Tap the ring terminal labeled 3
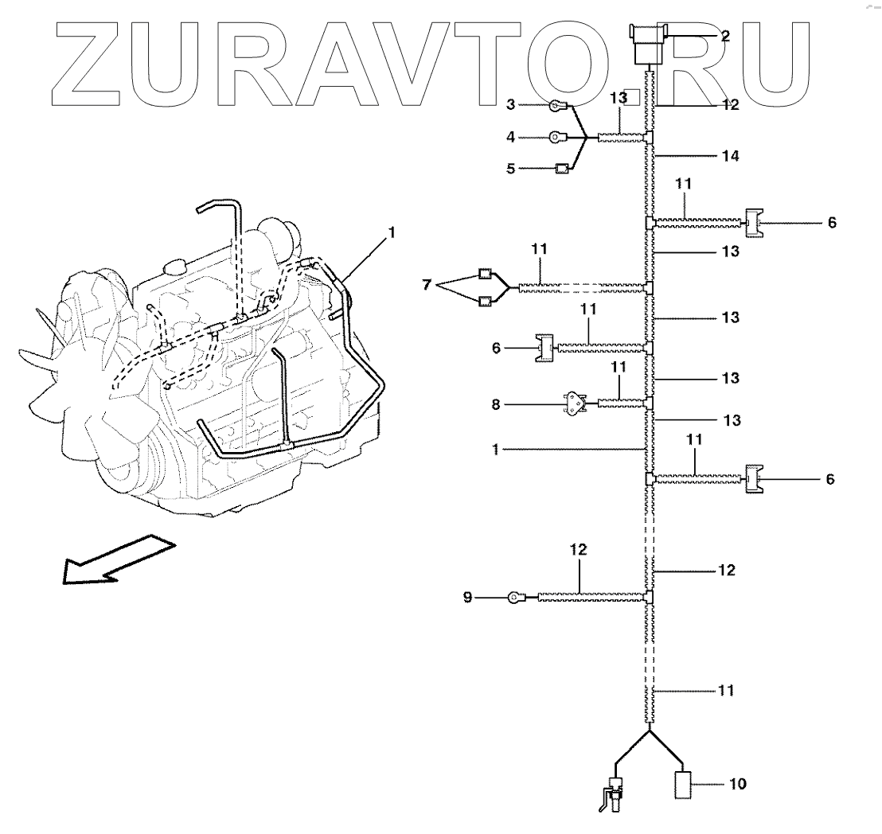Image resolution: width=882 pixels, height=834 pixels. [557, 104]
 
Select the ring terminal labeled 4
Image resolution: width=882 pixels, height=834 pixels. [556, 137]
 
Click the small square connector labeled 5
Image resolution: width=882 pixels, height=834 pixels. [560, 168]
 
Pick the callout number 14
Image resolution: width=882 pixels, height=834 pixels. [731, 156]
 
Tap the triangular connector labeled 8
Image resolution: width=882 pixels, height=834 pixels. [575, 403]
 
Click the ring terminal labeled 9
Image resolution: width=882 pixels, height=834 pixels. [513, 596]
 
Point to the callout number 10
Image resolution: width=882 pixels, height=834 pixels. [738, 784]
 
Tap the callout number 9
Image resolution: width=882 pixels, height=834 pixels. [467, 596]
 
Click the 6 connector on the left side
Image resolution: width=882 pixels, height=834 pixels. [544, 348]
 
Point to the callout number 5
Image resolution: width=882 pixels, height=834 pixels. [511, 169]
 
